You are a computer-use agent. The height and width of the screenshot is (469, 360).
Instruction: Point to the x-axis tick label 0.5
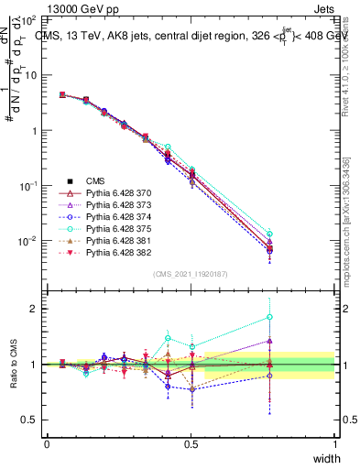(191, 444)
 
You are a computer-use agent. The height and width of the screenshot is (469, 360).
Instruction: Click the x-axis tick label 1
(335, 444)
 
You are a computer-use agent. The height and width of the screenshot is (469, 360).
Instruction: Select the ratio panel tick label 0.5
(29, 420)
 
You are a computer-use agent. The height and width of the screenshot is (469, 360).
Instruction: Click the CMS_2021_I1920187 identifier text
(191, 274)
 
